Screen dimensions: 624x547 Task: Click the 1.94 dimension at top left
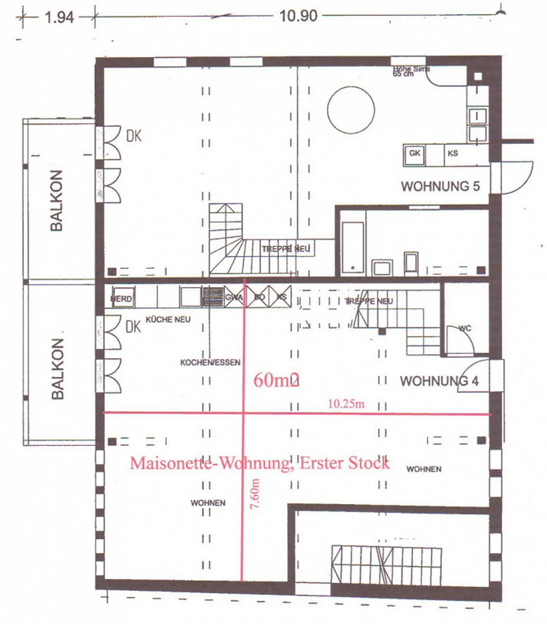[59, 17]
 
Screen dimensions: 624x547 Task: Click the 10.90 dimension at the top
[298, 16]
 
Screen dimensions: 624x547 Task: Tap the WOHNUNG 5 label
[440, 186]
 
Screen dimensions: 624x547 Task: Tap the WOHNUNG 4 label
[439, 381]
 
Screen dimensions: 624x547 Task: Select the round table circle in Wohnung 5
[351, 110]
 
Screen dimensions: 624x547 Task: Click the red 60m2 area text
[276, 380]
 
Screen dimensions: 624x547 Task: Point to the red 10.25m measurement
[346, 403]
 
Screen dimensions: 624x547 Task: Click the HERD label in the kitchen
[122, 299]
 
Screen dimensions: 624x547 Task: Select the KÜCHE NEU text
[168, 319]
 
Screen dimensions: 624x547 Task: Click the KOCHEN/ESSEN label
[210, 362]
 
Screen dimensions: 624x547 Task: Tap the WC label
[465, 328]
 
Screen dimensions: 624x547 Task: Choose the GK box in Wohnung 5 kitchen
[414, 153]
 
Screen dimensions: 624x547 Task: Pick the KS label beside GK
[452, 153]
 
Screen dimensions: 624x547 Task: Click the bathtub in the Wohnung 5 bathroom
[353, 247]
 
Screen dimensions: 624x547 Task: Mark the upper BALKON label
[56, 201]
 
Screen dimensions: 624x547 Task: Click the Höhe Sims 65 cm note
[411, 71]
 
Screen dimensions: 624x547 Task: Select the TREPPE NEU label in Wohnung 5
[286, 249]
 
